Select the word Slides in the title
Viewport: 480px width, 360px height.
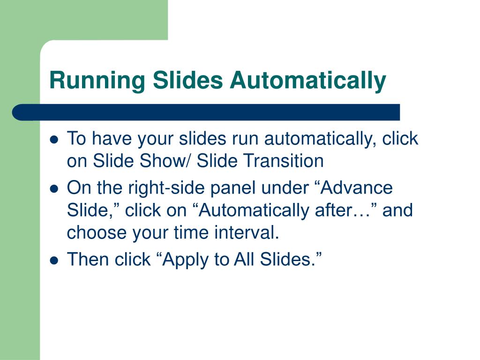tap(187, 81)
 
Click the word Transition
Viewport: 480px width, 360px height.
tap(283, 161)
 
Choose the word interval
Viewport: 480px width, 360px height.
tap(249, 232)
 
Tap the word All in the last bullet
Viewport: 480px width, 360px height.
tap(244, 259)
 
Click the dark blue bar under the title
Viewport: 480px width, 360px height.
tap(206, 112)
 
